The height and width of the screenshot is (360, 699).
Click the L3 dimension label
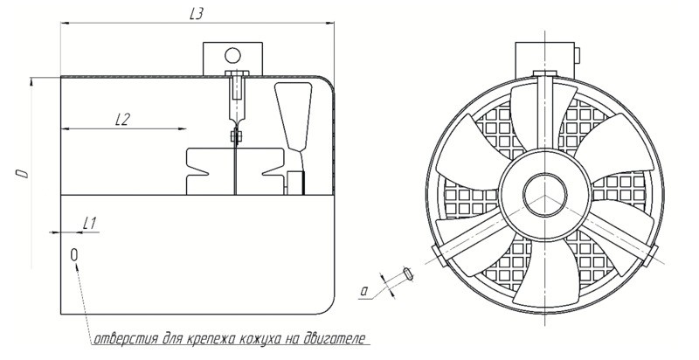tap(196, 14)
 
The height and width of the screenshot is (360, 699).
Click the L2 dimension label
tap(121, 119)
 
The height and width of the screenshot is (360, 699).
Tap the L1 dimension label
tap(90, 224)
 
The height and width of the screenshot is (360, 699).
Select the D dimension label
tap(24, 173)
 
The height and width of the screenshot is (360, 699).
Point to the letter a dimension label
tap(364, 291)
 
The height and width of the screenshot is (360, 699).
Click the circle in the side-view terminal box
tap(232, 56)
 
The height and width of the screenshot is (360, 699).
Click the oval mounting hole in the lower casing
tap(74, 254)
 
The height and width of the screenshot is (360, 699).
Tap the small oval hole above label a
tap(408, 273)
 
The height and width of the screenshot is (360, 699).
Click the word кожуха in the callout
tap(260, 339)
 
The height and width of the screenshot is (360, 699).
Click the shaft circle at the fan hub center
tap(544, 195)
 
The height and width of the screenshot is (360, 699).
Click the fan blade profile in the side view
tap(294, 116)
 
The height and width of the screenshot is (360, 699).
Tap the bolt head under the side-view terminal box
tap(237, 73)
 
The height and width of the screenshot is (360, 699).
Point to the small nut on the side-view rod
tap(236, 136)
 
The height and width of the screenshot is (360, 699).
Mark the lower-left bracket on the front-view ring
tap(439, 256)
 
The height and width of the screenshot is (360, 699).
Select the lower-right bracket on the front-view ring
tap(651, 255)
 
